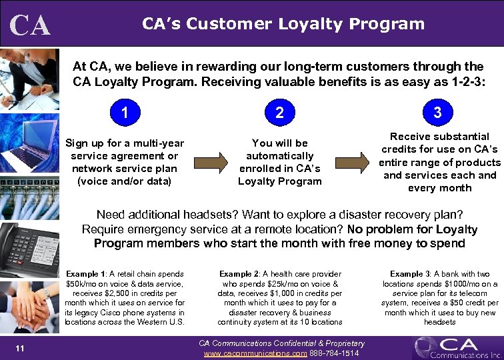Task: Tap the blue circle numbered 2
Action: tap(279, 113)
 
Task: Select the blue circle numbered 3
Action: tap(437, 113)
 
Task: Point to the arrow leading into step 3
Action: tap(351, 162)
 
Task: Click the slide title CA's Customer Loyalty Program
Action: tap(283, 24)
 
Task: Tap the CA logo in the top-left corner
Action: tap(30, 25)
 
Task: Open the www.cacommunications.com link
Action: tap(255, 353)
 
